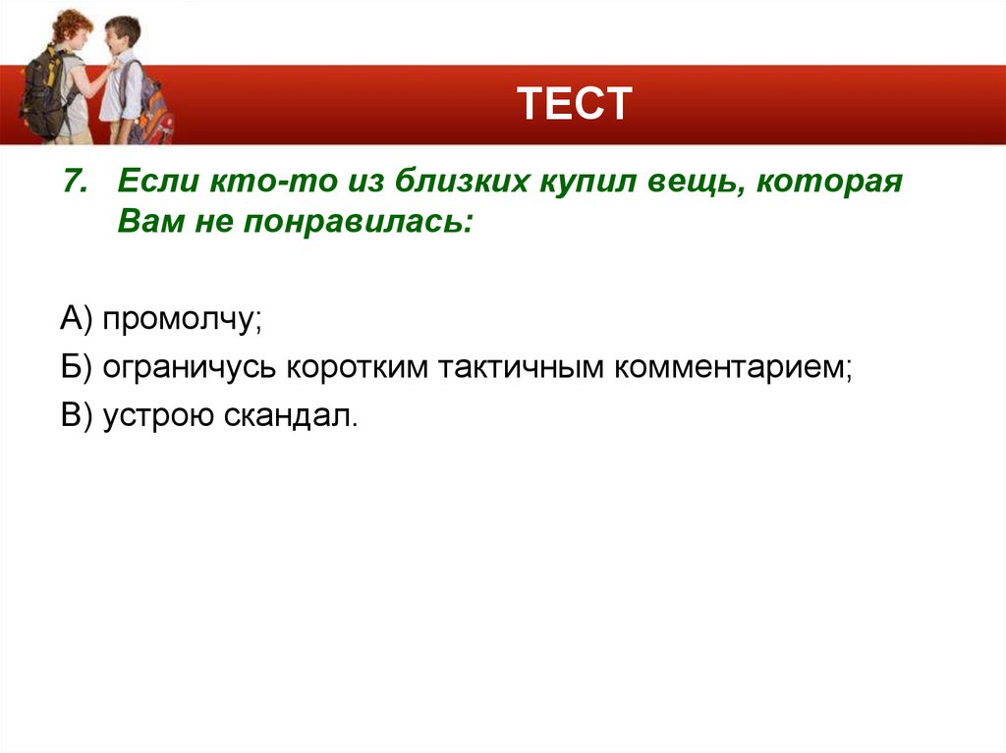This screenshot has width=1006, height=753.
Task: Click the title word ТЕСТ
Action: tap(574, 103)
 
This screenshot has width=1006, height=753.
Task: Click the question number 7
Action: tap(75, 183)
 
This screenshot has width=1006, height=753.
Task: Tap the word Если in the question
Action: tap(156, 183)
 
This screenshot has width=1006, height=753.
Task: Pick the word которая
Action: tap(830, 183)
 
